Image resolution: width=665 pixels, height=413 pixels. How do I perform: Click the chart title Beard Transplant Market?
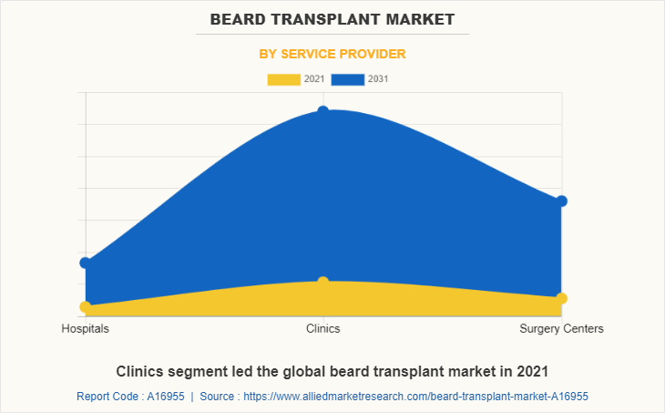(x=332, y=18)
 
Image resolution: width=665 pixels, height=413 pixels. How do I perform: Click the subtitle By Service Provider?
(x=332, y=54)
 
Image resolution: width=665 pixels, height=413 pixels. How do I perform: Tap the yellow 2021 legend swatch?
(x=283, y=79)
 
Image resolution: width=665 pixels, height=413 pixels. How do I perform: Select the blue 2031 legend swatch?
(x=347, y=79)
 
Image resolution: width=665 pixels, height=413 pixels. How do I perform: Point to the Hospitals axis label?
(x=85, y=328)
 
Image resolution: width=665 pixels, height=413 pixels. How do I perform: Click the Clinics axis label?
(x=323, y=328)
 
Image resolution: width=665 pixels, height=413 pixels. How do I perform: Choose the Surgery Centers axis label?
(x=561, y=328)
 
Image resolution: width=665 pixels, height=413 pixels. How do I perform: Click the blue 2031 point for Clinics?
(x=323, y=111)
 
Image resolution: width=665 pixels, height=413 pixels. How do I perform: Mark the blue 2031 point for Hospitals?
(x=85, y=263)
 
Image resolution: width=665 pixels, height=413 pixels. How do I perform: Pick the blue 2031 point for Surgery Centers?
(x=562, y=201)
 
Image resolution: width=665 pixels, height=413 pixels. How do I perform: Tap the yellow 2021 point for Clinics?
(x=323, y=282)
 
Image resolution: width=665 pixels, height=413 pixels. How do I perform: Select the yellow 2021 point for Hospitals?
(x=85, y=306)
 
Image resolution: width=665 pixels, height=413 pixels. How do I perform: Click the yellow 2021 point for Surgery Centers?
(x=562, y=298)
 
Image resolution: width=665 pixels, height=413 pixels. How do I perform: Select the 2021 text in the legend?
(x=314, y=79)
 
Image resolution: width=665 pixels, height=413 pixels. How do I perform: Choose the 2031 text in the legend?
(x=378, y=79)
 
